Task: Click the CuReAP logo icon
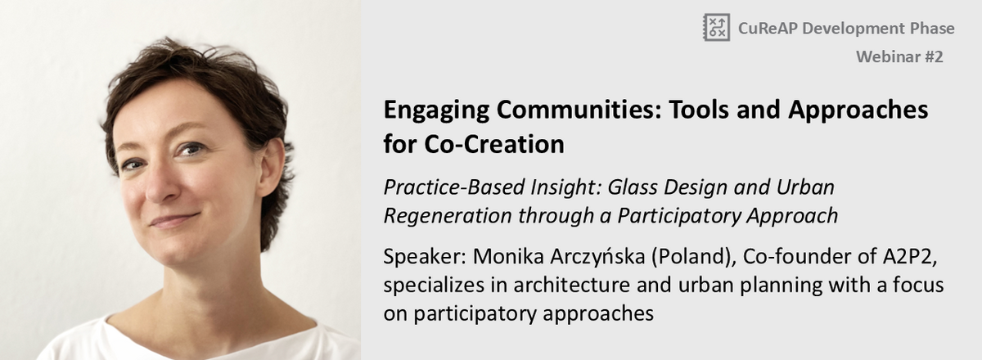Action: click(x=717, y=27)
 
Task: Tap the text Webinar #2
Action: click(x=899, y=57)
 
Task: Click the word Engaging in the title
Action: click(x=436, y=110)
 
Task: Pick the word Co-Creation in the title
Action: click(x=494, y=144)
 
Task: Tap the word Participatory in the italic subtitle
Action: click(x=678, y=216)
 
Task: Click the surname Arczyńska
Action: click(x=597, y=257)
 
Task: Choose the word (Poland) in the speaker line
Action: click(x=694, y=257)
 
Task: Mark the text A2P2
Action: click(x=909, y=257)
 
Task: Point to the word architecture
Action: click(x=572, y=285)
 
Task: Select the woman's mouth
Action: click(x=174, y=219)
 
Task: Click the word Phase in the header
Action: click(x=932, y=28)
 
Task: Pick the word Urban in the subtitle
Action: click(x=805, y=187)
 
